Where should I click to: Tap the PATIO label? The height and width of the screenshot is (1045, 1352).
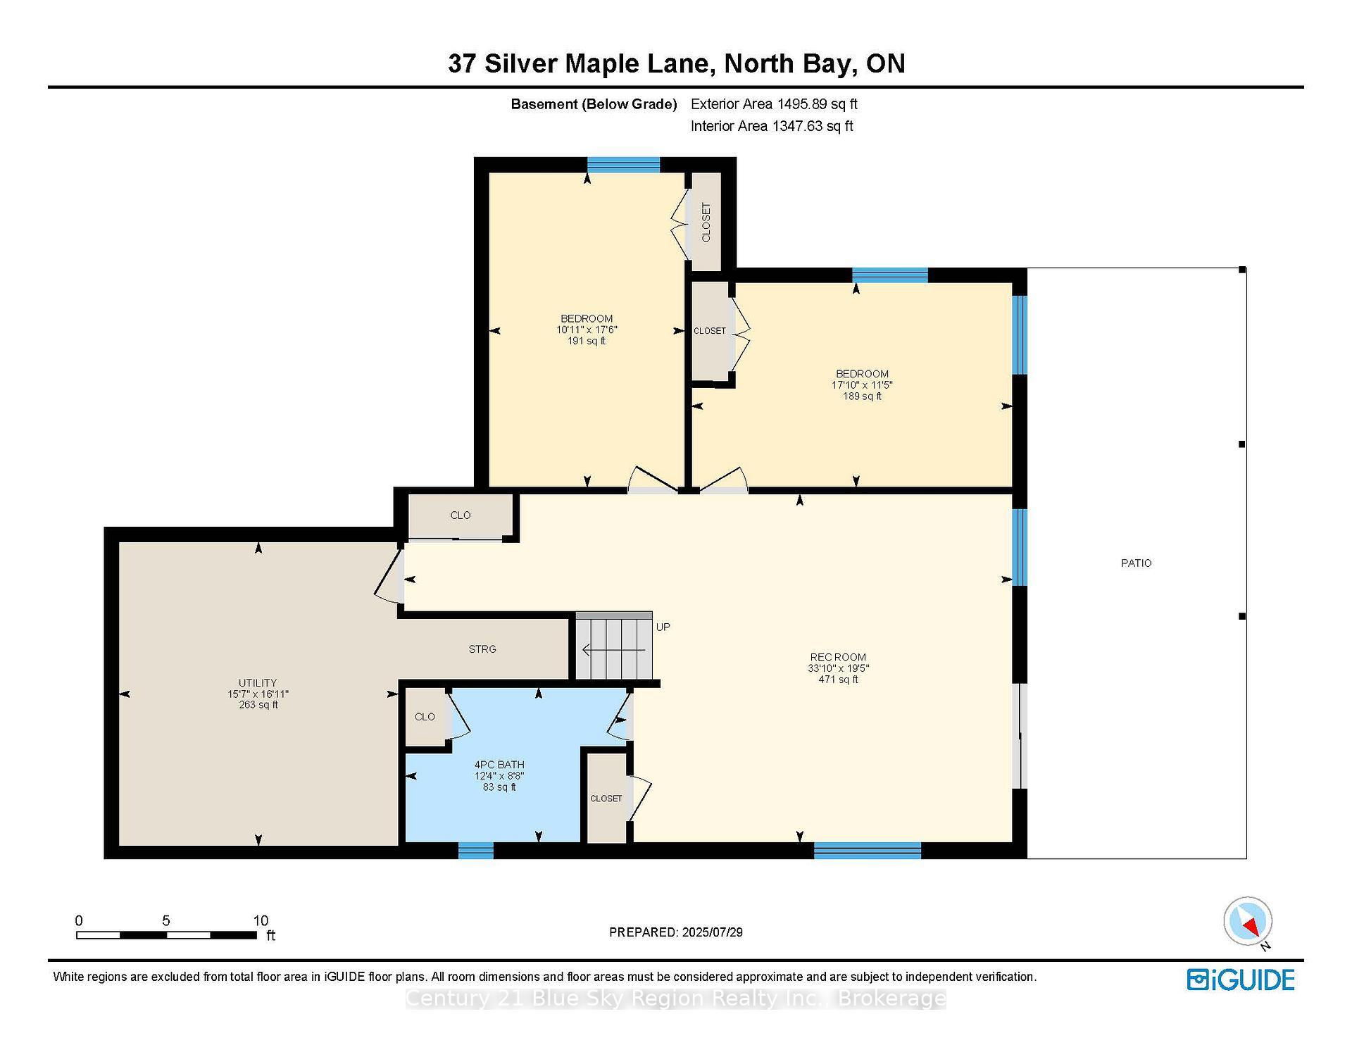point(1136,563)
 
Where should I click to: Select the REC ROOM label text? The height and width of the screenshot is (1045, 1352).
point(837,657)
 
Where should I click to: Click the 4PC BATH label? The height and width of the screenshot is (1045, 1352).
point(499,765)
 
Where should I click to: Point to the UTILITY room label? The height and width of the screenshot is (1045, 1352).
point(258,682)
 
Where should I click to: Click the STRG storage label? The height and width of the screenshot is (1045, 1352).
point(482,649)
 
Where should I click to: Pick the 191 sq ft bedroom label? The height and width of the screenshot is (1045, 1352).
point(587,330)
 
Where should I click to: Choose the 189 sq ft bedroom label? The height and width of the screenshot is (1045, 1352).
point(862,385)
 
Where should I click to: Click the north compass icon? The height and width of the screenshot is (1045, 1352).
point(1248,921)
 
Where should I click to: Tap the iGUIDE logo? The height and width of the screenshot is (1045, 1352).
point(1241,980)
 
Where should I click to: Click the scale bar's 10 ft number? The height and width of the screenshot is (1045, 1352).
point(261,920)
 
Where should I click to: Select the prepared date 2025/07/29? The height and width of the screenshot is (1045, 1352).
point(675,932)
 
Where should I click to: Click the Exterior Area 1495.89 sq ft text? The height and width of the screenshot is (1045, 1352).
point(774,104)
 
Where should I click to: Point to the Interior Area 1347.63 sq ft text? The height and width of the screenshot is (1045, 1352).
point(772,126)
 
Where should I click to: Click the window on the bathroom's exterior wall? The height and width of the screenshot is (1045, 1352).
point(475,851)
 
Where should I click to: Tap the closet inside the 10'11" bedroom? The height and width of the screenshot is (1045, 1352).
point(706,222)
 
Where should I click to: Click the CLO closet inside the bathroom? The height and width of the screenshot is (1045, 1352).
point(425,717)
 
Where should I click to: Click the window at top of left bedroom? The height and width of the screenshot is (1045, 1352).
point(623,165)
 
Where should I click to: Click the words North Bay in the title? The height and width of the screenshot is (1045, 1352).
point(790,63)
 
